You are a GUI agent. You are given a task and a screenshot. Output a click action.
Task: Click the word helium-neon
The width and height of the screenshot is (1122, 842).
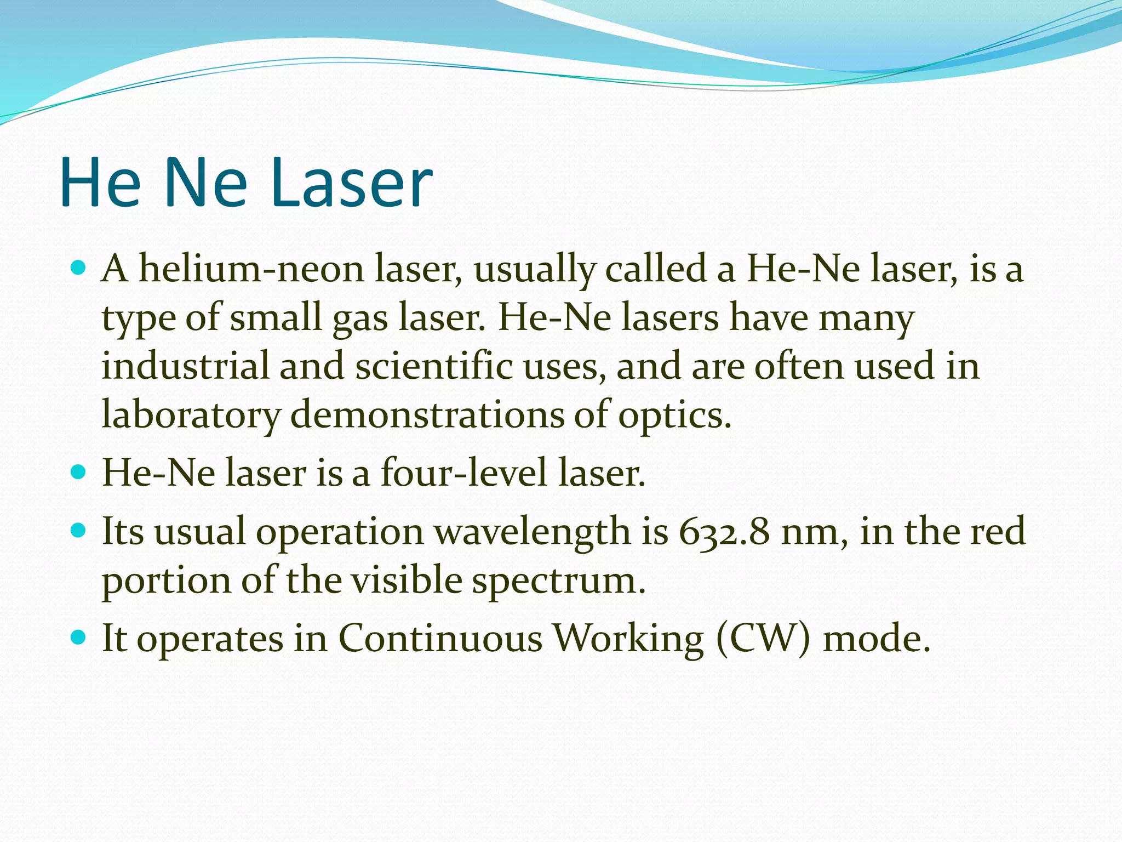coord(251,269)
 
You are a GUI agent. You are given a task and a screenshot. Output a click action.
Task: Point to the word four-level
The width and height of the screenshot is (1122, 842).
coord(463,473)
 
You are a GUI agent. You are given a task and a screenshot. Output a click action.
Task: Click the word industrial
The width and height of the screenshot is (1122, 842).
coord(185,366)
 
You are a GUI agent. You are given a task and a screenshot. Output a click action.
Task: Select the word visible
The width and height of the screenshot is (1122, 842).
coord(406,580)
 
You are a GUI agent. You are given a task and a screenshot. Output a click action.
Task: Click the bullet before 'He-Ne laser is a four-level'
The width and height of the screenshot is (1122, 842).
coord(79,471)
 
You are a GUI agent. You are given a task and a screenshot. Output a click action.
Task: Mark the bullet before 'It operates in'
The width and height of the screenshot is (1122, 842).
coord(79,637)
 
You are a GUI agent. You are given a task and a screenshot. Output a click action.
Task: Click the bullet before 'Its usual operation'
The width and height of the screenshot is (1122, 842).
coord(79,530)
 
